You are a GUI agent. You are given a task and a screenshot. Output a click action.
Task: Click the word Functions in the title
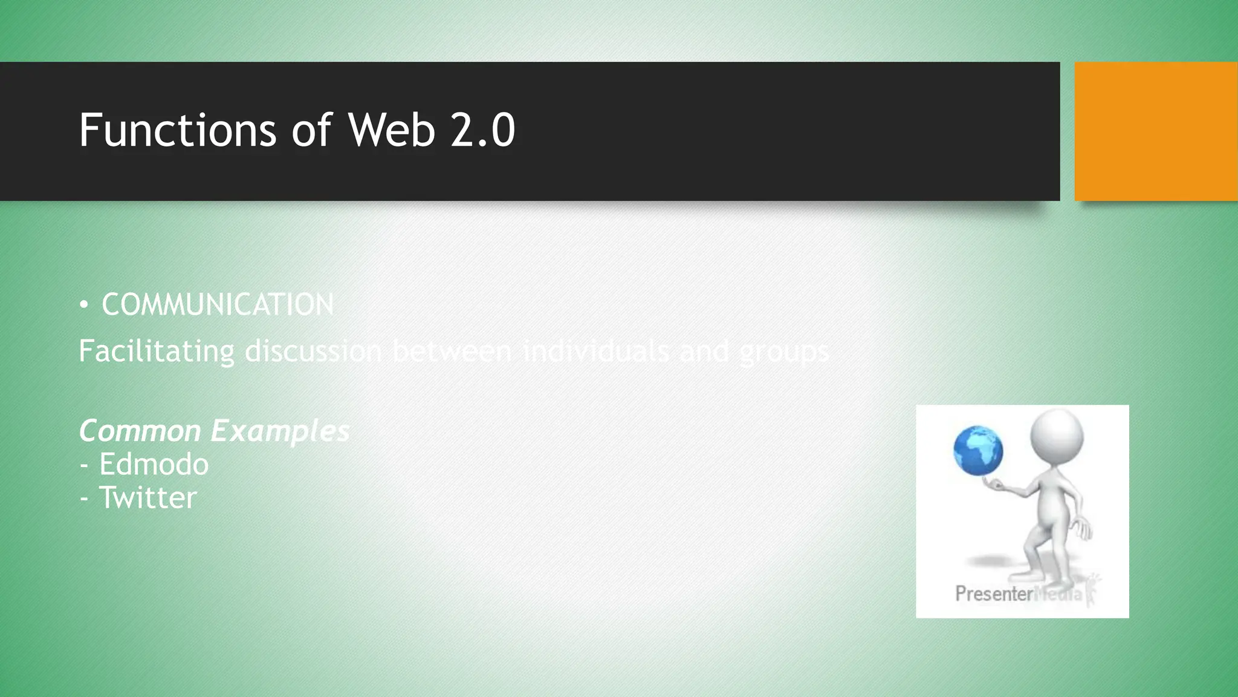(x=178, y=130)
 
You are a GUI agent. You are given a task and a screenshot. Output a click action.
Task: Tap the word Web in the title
(x=391, y=130)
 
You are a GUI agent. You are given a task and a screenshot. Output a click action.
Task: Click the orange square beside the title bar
(x=1156, y=131)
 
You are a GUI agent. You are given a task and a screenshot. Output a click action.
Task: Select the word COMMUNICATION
(x=218, y=304)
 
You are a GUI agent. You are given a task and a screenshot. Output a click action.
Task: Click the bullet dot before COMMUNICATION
(x=84, y=305)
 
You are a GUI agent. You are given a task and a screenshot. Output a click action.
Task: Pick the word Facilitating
(x=157, y=351)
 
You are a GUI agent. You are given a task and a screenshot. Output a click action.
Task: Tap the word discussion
(x=313, y=351)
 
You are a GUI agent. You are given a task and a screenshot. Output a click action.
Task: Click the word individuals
(x=595, y=351)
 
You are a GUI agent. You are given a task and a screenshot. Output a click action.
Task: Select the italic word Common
(x=140, y=431)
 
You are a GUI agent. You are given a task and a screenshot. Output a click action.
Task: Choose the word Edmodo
(x=154, y=464)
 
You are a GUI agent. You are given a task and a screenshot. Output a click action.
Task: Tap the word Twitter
(x=148, y=497)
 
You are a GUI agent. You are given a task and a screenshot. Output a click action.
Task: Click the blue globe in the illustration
(x=978, y=451)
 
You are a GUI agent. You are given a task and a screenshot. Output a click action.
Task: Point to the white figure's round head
(x=1057, y=434)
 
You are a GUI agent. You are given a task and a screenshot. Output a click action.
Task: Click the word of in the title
(x=311, y=130)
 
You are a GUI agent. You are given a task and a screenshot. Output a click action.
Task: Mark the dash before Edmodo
(x=84, y=465)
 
